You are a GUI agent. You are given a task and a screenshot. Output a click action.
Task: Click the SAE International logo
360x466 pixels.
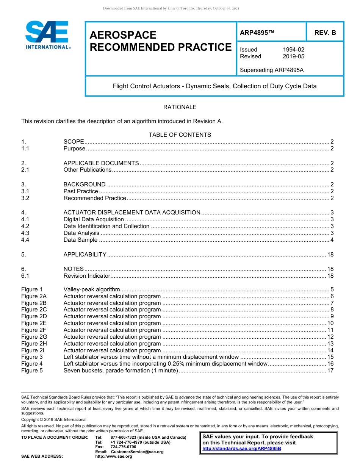[47, 35]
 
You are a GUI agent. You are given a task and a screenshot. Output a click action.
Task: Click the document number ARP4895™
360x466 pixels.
[257, 33]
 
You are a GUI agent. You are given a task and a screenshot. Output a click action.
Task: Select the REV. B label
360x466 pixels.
[325, 33]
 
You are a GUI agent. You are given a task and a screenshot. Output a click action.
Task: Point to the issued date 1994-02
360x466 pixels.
[293, 50]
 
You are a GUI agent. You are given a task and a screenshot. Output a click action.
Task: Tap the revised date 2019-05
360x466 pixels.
[293, 56]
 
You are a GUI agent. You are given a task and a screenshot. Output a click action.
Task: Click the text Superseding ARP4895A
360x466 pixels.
[272, 70]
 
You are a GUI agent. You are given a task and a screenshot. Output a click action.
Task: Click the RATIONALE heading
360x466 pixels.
[180, 107]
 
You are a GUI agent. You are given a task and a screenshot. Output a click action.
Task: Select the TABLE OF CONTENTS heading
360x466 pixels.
[180, 135]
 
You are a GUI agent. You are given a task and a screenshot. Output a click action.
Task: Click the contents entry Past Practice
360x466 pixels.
[81, 191]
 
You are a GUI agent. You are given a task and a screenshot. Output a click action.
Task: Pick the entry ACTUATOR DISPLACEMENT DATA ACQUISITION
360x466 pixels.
[132, 213]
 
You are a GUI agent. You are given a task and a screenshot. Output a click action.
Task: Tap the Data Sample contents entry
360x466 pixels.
[80, 240]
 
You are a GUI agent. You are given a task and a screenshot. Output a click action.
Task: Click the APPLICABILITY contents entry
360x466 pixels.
[85, 255]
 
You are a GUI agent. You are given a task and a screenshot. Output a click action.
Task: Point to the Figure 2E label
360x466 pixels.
[34, 323]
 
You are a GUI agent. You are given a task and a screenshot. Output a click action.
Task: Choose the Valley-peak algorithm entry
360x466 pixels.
[92, 289]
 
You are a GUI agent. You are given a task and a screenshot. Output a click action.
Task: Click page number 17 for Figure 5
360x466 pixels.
[330, 371]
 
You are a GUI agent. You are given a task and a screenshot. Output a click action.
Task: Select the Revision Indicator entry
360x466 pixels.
[87, 276]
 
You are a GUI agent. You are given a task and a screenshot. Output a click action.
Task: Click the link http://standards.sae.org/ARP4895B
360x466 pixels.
[242, 449]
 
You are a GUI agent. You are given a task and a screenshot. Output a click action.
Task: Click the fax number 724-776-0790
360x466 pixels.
[123, 447]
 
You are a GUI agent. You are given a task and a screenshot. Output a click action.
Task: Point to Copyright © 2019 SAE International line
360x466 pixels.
[54, 419]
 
